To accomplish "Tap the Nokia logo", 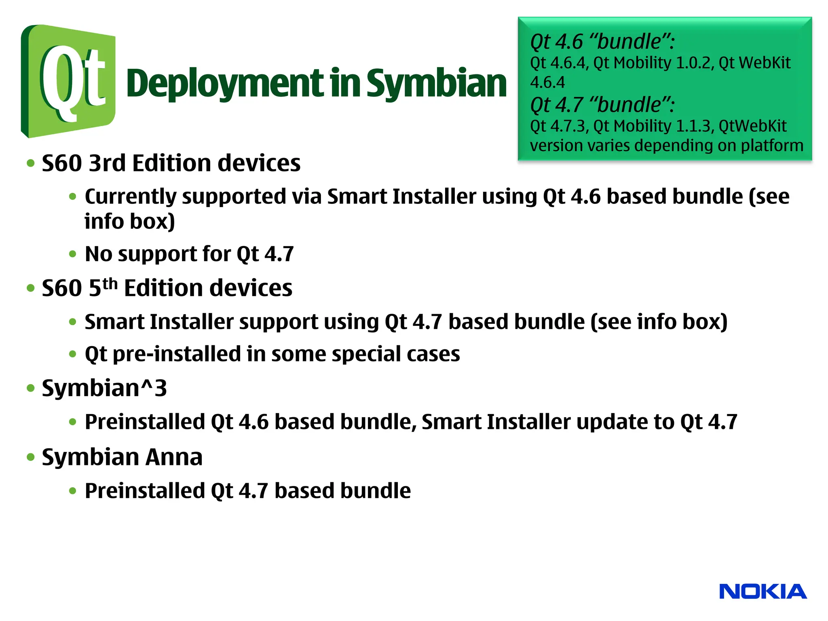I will pos(763,591).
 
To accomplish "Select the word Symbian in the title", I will pos(436,84).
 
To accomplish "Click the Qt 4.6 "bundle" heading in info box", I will pos(602,42).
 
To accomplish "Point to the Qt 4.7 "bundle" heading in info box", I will pos(602,105).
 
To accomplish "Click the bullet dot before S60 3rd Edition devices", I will pos(31,163).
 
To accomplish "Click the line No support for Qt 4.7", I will pos(189,254).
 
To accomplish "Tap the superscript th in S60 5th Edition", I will pos(110,284).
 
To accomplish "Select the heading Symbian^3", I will pos(104,388).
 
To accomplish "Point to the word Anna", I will pos(173,457).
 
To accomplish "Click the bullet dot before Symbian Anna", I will pos(31,457).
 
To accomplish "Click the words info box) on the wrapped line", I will pos(129,222).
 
